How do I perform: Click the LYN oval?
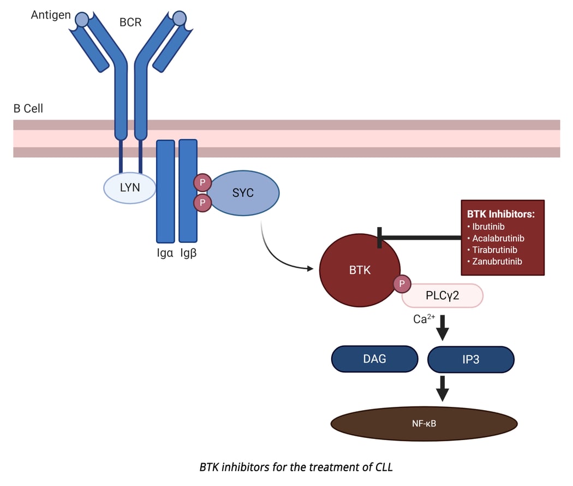[130, 188]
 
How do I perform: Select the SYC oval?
[243, 193]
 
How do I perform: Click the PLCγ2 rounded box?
[443, 295]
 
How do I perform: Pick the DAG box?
[374, 359]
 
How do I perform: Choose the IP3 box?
[470, 360]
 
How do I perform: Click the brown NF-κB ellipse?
[424, 423]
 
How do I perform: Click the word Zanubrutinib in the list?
[497, 262]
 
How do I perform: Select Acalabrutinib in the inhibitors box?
[498, 238]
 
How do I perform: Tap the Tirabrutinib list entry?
[494, 250]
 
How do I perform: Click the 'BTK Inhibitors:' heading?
[501, 214]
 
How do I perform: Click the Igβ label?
[188, 253]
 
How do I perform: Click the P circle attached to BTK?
[402, 283]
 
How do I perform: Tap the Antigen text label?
[51, 15]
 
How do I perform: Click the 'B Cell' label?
[28, 109]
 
